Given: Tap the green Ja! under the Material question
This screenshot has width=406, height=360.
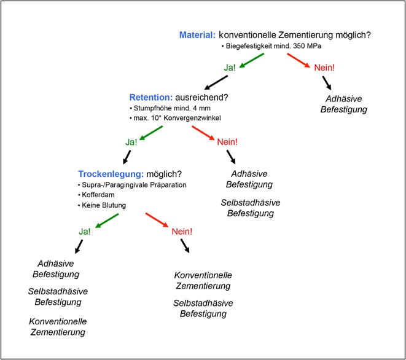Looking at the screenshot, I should click(230, 67).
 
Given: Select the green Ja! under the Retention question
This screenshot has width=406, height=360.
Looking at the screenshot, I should click(132, 142).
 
